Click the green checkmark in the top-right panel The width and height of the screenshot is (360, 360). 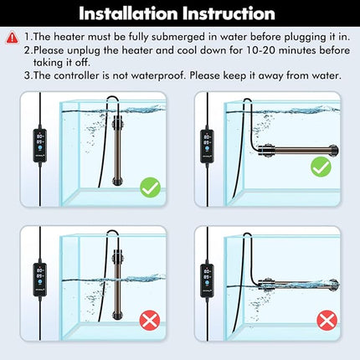[x=320, y=167]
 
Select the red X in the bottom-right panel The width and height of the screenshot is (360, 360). [x=327, y=320]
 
